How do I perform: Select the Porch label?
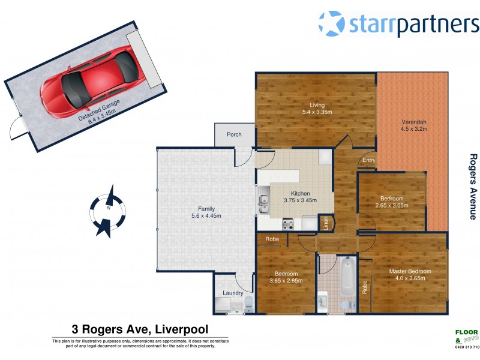(234, 134)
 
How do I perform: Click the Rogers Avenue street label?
(473, 187)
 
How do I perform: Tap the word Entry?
(368, 160)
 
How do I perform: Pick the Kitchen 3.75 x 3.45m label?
(300, 197)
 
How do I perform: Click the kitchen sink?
(263, 204)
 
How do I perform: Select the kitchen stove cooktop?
(287, 225)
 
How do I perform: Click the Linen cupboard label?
(326, 223)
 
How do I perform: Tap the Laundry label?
(232, 293)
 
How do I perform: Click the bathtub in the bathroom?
(347, 277)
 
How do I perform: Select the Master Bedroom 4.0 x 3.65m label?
(410, 275)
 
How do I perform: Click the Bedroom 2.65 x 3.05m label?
(392, 202)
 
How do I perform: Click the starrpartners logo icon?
(331, 23)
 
